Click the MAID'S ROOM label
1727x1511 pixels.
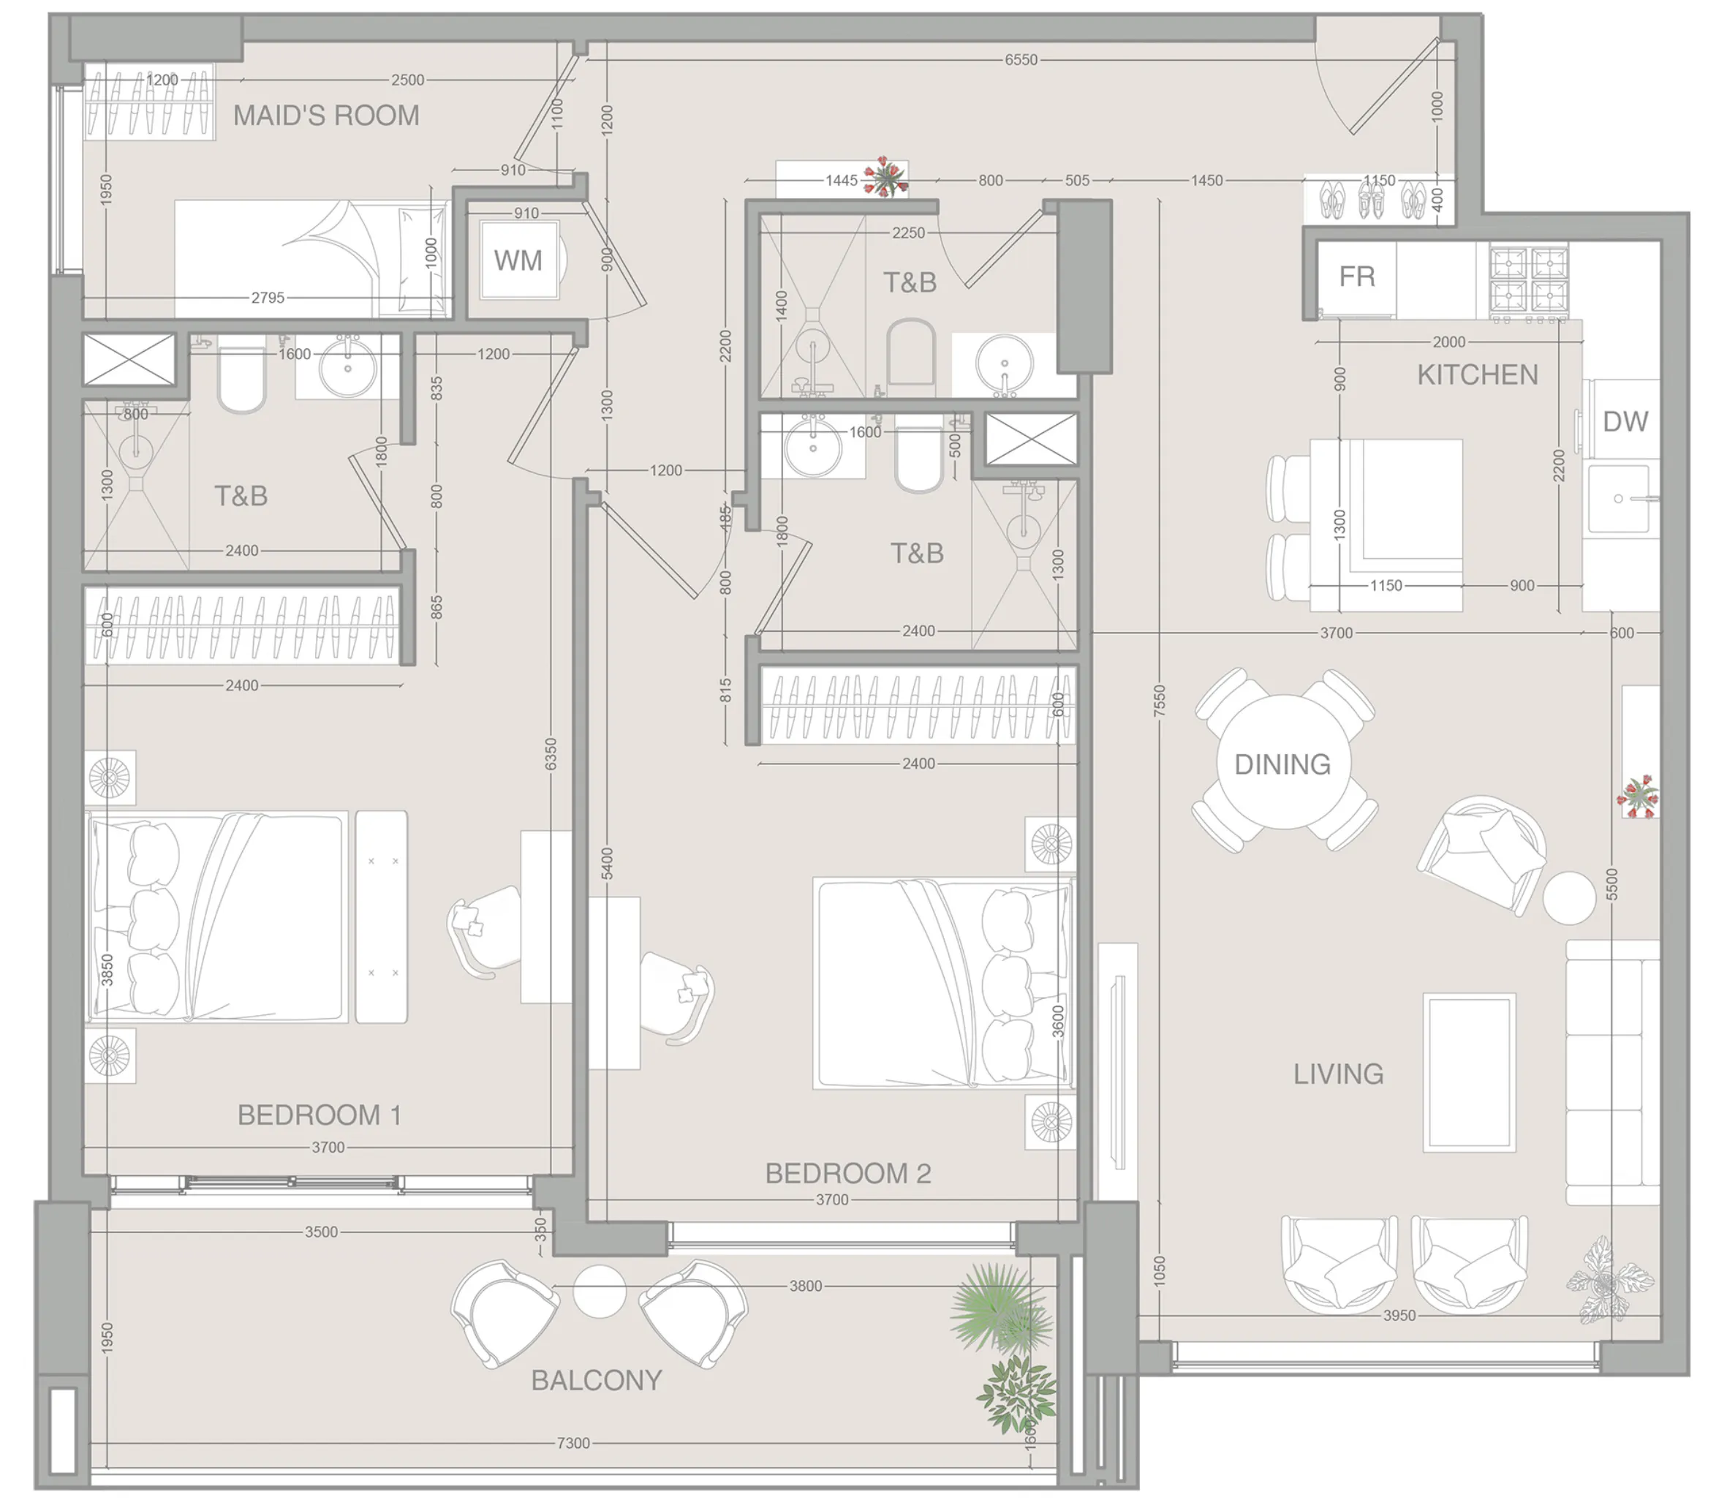tap(325, 116)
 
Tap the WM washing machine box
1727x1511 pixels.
tap(518, 260)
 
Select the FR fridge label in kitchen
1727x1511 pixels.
tap(1356, 276)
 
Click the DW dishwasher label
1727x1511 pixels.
tap(1624, 421)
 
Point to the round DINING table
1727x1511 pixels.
tap(1282, 763)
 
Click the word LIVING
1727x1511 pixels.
tap(1337, 1074)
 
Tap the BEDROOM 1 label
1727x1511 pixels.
tap(319, 1115)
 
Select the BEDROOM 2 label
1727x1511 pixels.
tap(847, 1174)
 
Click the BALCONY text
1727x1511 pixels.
tap(596, 1380)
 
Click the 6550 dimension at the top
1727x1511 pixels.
tap(1020, 60)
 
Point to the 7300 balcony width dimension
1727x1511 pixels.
tap(572, 1443)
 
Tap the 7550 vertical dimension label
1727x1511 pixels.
tap(1159, 701)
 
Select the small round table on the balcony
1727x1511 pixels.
tap(600, 1291)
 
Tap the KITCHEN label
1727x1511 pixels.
tap(1477, 375)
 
